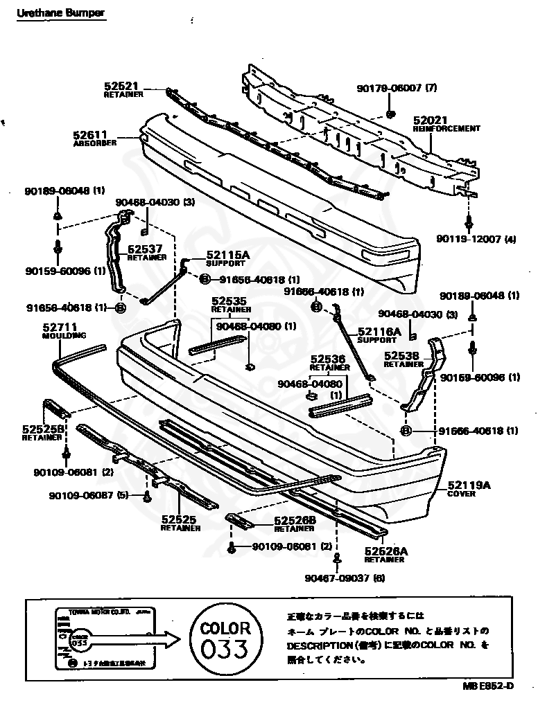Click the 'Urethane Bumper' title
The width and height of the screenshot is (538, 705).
(61, 14)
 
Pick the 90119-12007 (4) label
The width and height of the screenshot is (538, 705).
(476, 239)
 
